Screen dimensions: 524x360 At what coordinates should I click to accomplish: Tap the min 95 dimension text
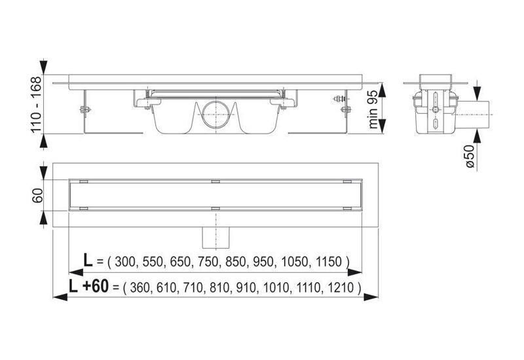tap(373, 109)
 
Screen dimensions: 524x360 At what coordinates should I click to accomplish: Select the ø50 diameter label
tap(469, 156)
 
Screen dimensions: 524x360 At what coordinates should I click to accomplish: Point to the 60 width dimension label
tap(37, 195)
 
